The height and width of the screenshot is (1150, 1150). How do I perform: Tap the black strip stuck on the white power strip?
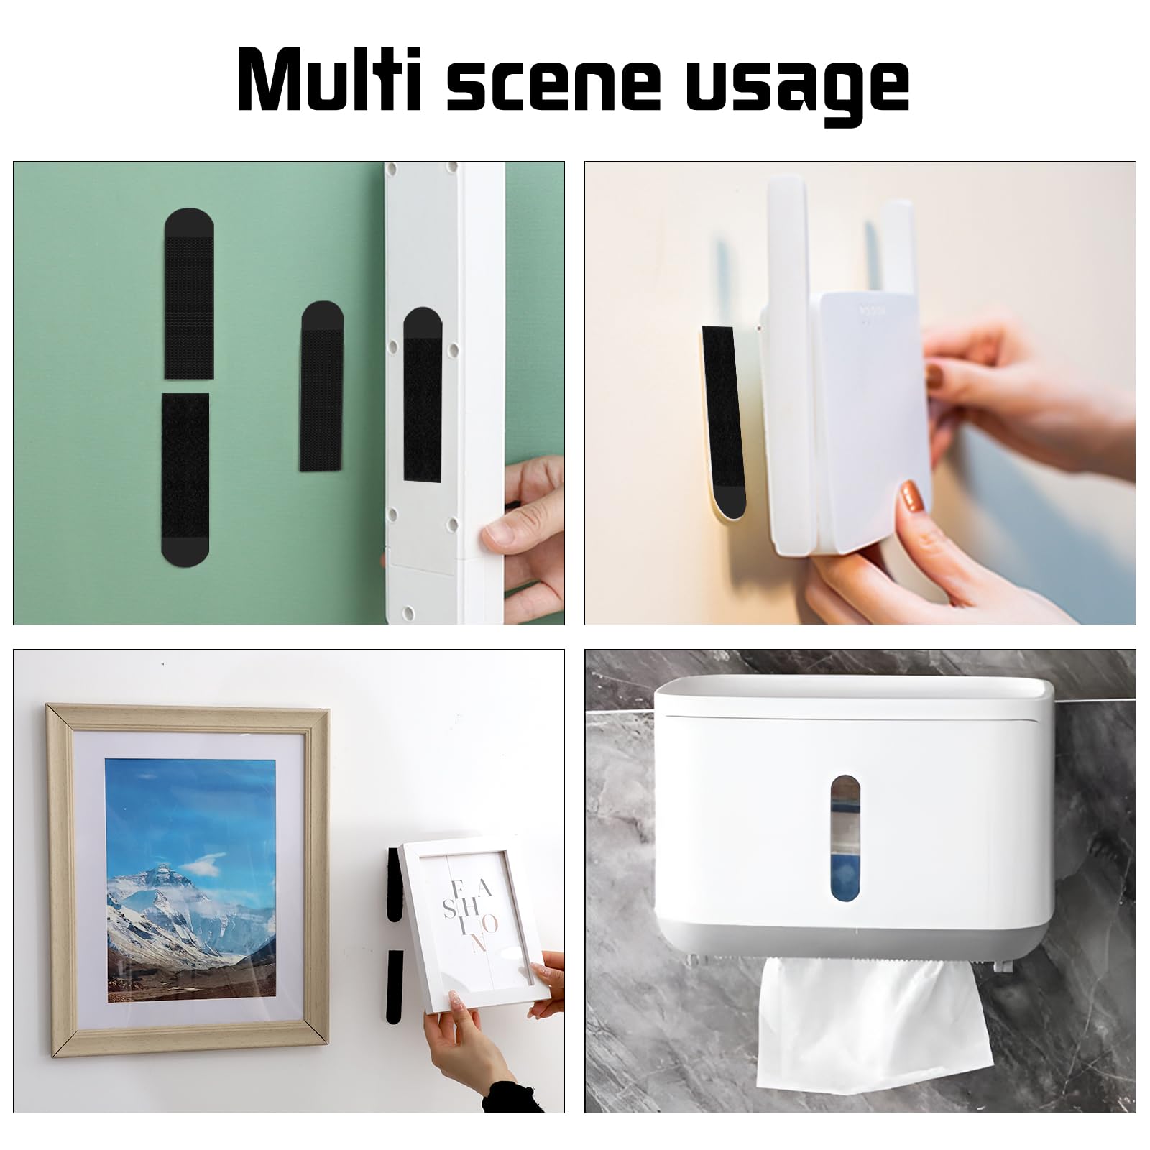422,395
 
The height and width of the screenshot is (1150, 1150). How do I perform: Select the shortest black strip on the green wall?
321,386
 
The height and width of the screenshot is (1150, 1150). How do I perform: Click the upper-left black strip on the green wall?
189,293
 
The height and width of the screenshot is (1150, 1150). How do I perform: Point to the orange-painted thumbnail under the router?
911,496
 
